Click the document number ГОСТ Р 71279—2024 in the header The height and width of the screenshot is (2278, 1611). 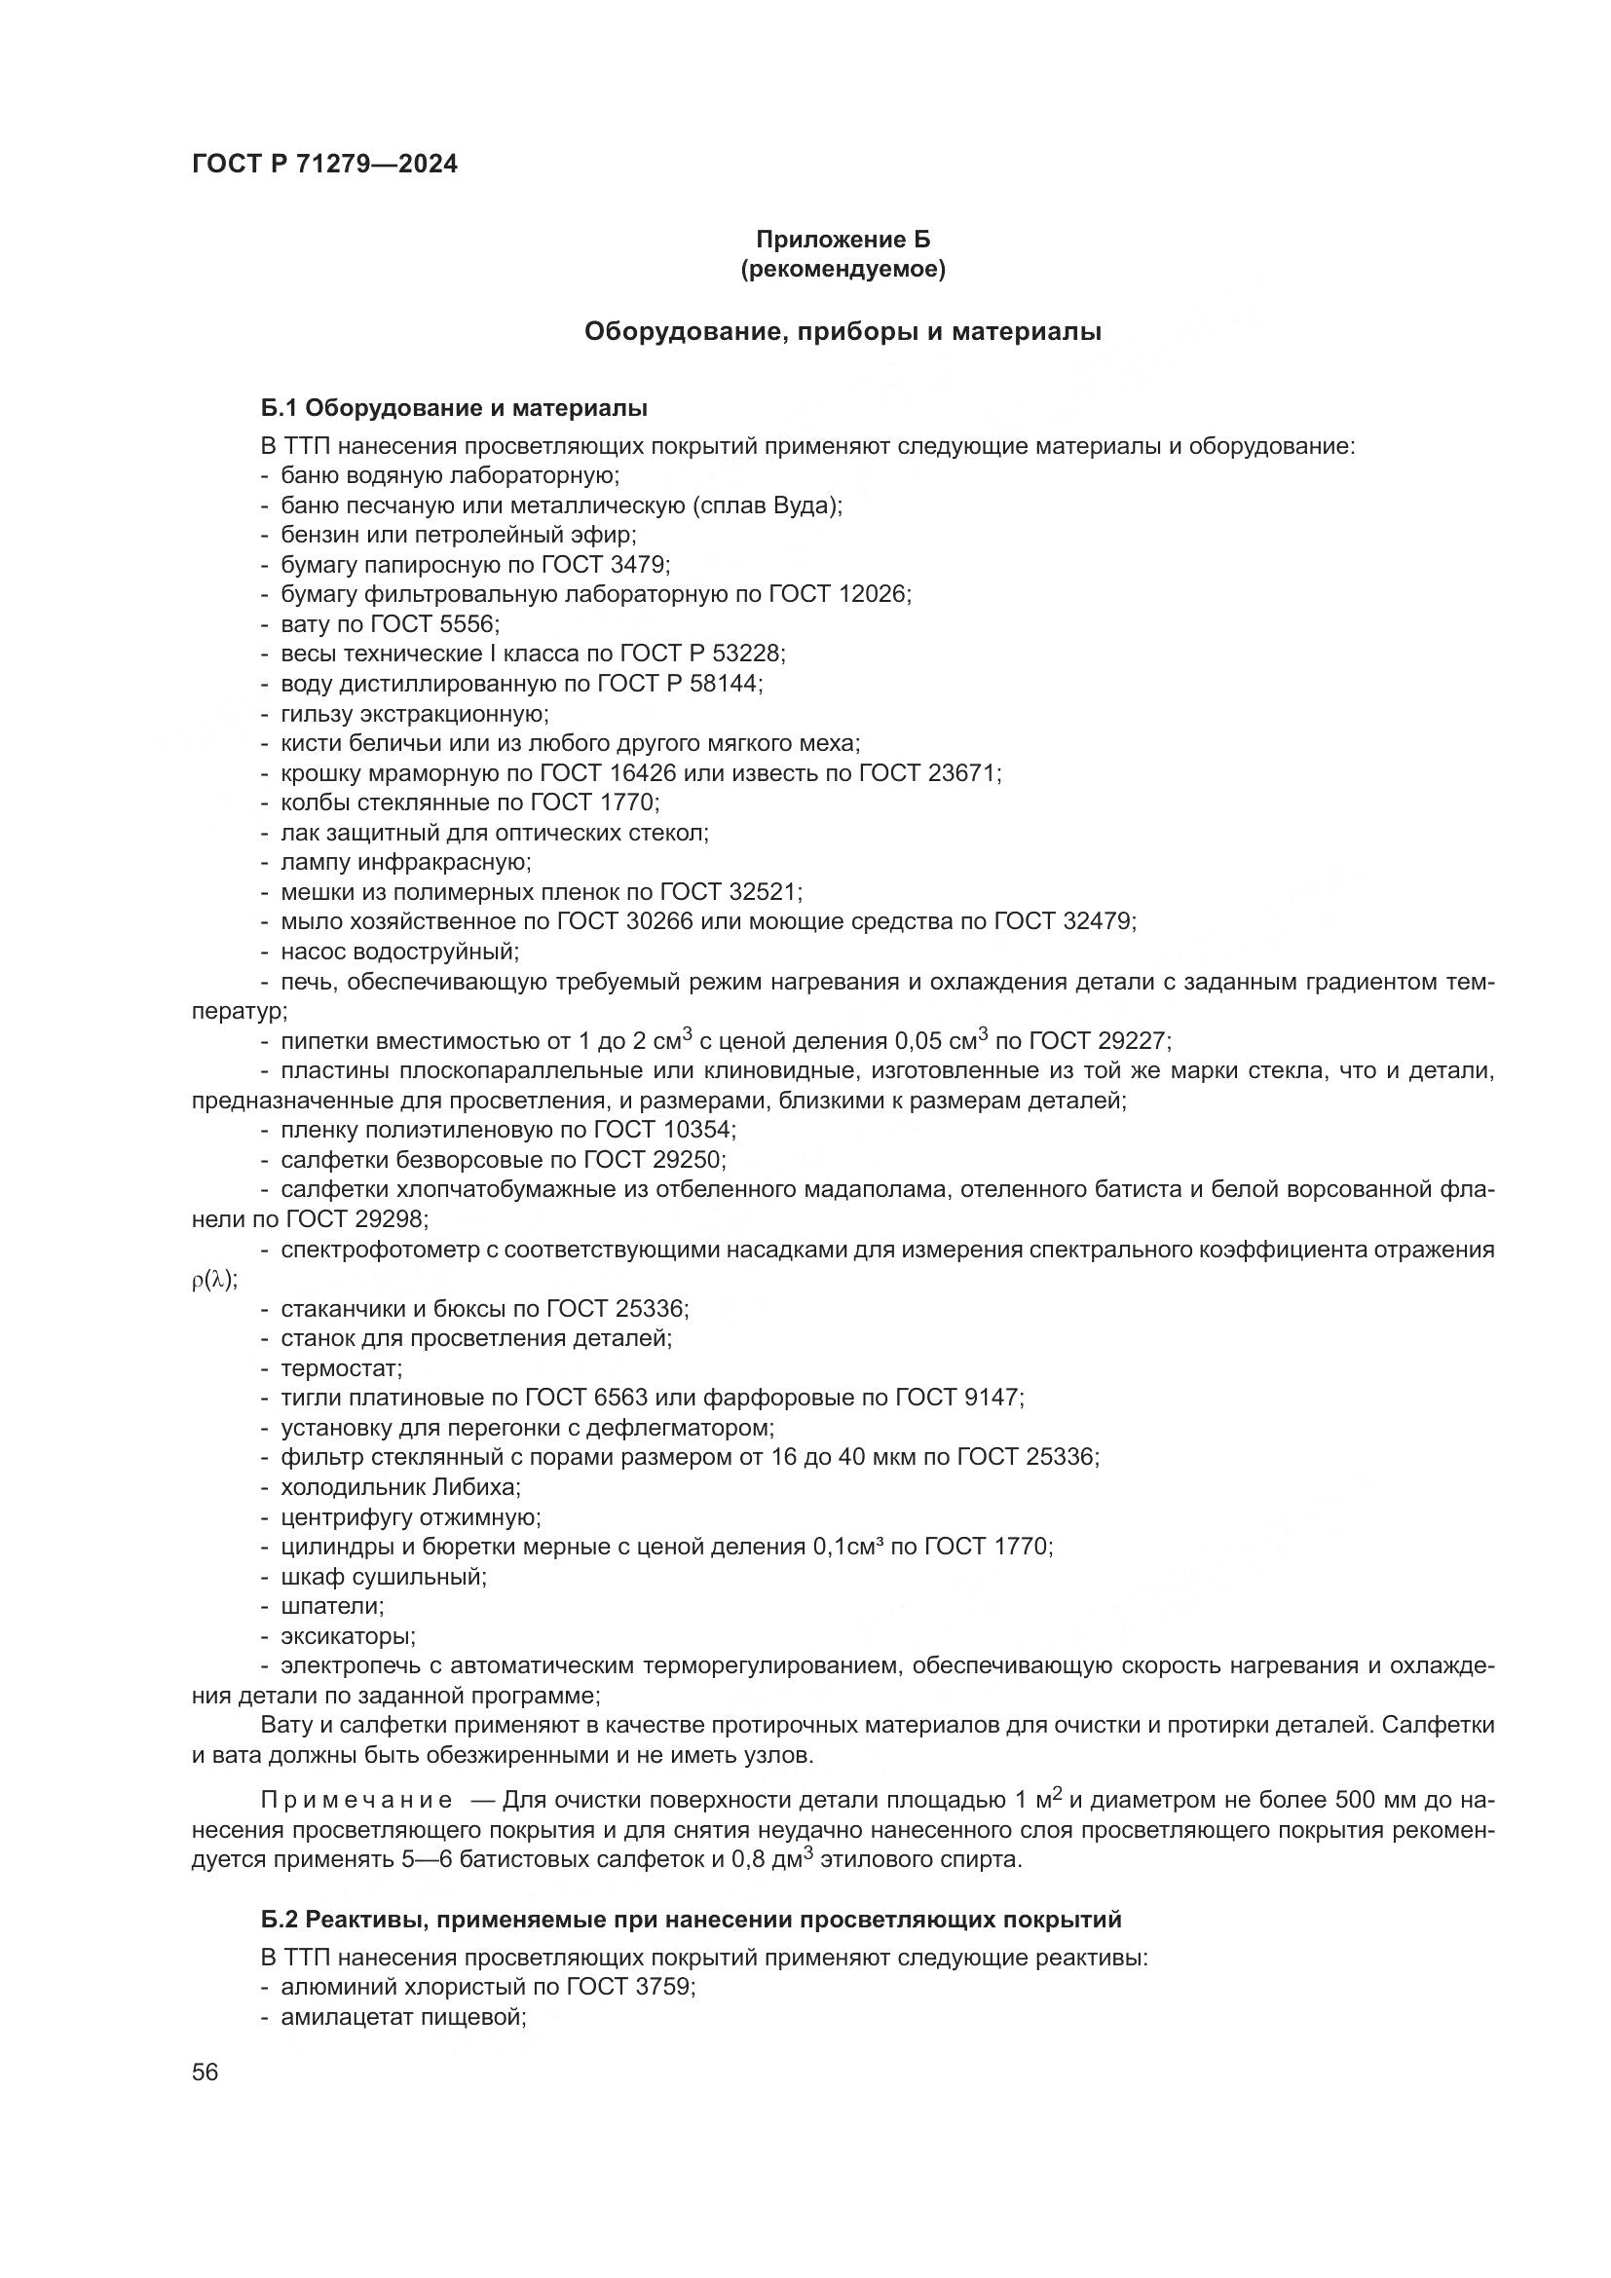pos(324,164)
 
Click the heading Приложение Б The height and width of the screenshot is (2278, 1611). pos(843,240)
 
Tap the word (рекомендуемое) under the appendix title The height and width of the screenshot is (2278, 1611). pos(843,269)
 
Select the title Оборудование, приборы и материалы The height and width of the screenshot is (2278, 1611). pos(843,331)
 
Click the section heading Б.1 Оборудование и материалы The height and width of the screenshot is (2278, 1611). pos(454,408)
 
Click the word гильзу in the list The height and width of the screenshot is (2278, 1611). pos(316,713)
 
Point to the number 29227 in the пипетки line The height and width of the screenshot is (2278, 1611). pos(1133,1041)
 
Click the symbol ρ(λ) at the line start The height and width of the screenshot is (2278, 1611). pos(213,1280)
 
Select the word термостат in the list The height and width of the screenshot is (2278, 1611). pos(339,1369)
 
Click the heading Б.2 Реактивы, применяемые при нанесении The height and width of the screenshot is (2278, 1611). pos(691,1920)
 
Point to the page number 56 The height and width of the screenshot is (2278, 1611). pos(206,2073)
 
